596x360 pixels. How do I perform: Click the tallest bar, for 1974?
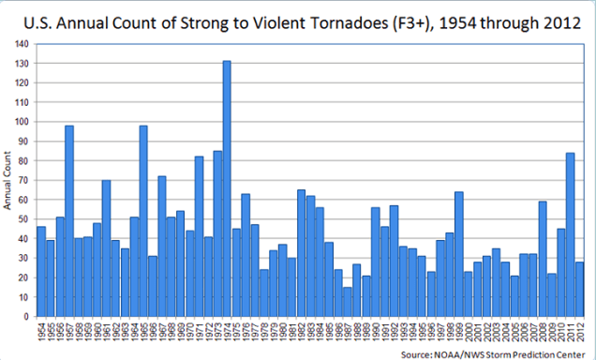click(x=227, y=188)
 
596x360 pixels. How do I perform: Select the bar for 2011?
click(x=570, y=234)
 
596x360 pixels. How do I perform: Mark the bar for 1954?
click(x=41, y=272)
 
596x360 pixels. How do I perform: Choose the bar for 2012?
click(x=579, y=290)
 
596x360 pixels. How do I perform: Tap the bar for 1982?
click(x=301, y=253)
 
